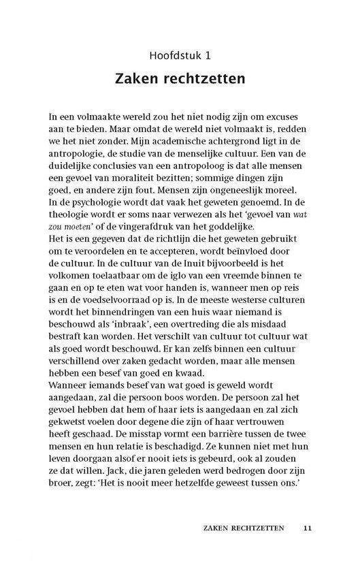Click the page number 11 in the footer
308,527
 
